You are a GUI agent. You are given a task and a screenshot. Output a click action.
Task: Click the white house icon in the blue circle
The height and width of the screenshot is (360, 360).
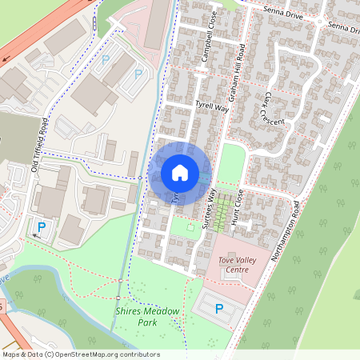tap(180, 173)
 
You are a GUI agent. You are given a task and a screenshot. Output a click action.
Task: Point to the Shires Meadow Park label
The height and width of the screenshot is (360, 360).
tap(146, 317)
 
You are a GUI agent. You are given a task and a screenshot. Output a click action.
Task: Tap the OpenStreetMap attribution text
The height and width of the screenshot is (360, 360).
tap(81, 354)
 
